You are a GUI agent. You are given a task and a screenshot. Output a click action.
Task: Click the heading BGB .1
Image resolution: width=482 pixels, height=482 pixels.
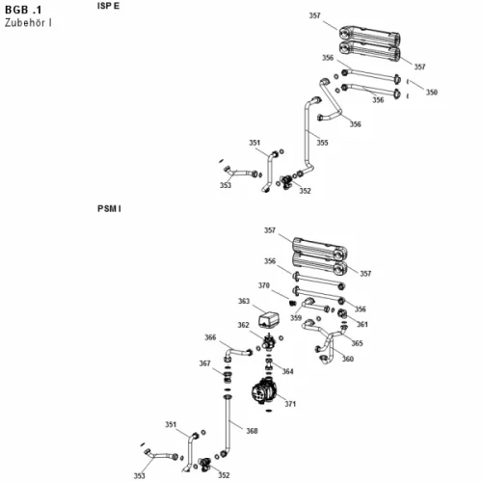[23, 10]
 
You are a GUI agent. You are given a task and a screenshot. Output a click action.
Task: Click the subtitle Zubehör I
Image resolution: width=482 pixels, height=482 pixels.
[28, 23]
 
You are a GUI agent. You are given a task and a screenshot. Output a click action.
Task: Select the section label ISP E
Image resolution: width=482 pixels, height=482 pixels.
[108, 6]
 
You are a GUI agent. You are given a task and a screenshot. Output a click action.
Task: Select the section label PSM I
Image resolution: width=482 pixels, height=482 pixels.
[109, 209]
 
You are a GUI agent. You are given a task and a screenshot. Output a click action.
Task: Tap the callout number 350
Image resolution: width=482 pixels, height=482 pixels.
[432, 93]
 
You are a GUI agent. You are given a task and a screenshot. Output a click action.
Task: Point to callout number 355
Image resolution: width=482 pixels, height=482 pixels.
[322, 143]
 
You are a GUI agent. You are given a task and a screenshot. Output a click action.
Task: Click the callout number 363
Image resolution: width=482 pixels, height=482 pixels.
[244, 301]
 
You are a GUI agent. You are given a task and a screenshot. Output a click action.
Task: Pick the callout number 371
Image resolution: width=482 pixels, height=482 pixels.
[290, 404]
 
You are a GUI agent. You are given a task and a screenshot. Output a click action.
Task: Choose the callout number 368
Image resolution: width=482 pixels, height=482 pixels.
[252, 431]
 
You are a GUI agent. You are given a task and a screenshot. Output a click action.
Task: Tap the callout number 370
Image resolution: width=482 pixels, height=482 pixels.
[264, 285]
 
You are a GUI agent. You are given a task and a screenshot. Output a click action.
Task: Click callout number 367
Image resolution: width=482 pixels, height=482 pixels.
[204, 363]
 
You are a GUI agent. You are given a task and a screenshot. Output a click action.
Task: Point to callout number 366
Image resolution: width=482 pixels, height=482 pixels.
[210, 337]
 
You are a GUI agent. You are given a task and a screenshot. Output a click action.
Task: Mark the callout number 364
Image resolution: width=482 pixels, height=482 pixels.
[287, 371]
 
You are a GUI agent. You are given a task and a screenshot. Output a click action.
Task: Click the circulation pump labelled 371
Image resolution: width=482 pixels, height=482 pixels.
[262, 391]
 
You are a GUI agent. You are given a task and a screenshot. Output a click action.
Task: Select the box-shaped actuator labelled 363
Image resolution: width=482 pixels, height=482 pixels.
[269, 319]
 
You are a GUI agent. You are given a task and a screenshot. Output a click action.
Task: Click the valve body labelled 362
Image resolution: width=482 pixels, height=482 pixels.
[269, 342]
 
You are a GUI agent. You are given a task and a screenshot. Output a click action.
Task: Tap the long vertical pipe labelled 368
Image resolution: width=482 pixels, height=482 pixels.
[228, 424]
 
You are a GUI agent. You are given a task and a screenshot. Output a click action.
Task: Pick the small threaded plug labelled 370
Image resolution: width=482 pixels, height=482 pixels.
[292, 303]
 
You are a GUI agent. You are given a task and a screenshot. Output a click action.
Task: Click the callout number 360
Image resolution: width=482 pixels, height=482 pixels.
[348, 359]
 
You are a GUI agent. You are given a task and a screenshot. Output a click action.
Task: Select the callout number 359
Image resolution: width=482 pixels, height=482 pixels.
[296, 318]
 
